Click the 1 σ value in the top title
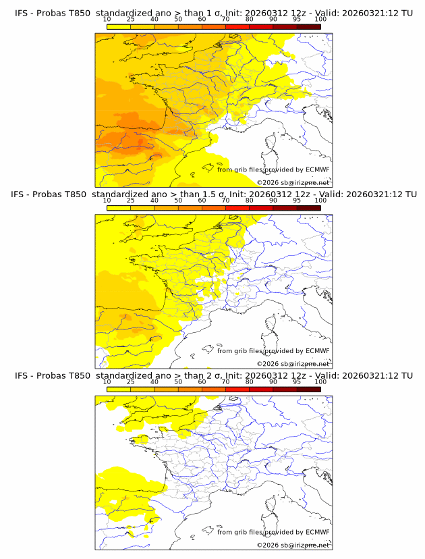tap(217, 12)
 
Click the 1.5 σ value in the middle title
tap(220, 194)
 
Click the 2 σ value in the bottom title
tap(217, 375)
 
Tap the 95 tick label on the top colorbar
tap(297, 19)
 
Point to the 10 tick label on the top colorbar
tap(107, 19)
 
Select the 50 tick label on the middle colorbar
tap(178, 201)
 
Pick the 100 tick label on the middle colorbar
tap(320, 201)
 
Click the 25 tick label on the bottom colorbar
tap(130, 382)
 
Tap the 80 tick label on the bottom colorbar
tap(250, 382)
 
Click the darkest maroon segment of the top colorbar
tap(308, 26)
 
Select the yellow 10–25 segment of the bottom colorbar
tap(119, 390)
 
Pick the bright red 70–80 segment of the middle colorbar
tap(237, 208)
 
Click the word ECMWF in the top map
tap(318, 169)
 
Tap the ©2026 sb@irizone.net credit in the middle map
tap(293, 364)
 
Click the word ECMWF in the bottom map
tap(318, 532)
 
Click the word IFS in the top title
tap(22, 12)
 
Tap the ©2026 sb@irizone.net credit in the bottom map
tap(293, 545)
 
